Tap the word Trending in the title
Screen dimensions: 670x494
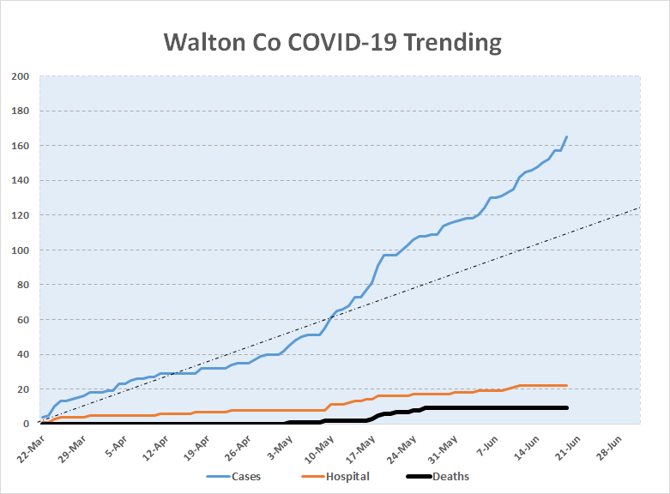(452, 43)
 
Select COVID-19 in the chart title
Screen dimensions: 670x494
(342, 42)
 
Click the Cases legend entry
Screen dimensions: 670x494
(233, 477)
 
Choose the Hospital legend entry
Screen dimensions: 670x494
(335, 477)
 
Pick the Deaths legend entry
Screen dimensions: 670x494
(438, 477)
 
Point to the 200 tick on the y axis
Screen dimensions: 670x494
(20, 76)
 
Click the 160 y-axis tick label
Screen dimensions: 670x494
(20, 146)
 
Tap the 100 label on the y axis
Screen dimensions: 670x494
(20, 250)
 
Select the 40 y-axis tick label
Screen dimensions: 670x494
(23, 354)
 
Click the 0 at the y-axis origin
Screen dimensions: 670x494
(26, 424)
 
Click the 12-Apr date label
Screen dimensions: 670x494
(155, 449)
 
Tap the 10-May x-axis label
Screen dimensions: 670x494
(319, 449)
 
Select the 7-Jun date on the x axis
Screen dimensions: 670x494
(487, 446)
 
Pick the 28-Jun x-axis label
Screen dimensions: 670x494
(608, 449)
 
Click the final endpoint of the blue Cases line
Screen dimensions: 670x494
(566, 136)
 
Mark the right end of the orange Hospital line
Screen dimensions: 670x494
(566, 385)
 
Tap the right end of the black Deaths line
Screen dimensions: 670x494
(566, 407)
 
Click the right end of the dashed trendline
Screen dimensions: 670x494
(640, 208)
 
